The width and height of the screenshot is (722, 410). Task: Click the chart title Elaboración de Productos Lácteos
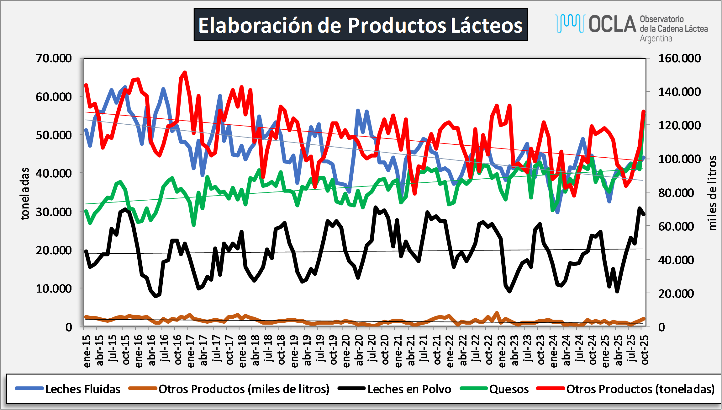coord(361,25)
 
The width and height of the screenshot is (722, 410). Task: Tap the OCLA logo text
coord(612,24)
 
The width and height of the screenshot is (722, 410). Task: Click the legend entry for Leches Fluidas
coord(82,389)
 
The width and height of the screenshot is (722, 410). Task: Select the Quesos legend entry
coord(509,389)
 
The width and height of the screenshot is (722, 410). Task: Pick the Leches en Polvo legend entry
coord(409,389)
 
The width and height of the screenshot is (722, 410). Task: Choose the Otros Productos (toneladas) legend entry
coord(640,389)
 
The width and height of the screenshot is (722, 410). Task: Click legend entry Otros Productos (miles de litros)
coord(244,389)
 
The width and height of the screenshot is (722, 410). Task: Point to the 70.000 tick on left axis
coord(54,58)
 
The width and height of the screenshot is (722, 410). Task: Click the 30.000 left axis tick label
coord(54,212)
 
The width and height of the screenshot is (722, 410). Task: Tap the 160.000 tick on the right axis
coord(679,58)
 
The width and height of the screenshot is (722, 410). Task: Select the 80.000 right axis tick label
coord(676,192)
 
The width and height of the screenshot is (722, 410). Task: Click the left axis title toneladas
coord(25,193)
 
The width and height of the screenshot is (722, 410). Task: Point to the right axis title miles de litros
coord(712,193)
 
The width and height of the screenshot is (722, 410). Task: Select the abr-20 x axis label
coord(359,350)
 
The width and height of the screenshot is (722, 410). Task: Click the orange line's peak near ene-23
coord(497,313)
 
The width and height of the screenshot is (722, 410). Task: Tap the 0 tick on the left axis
coord(69,327)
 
